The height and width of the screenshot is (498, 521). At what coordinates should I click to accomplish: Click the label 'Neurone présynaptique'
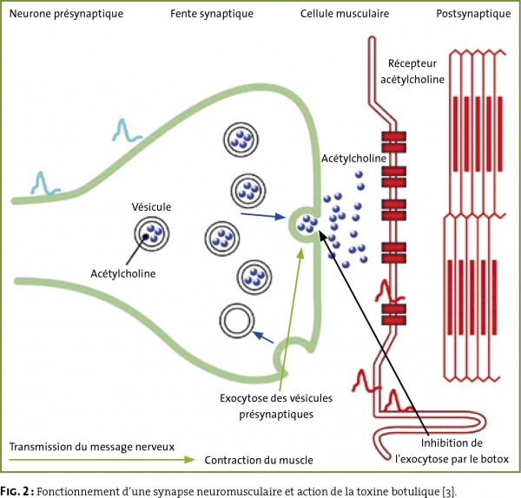point(66,14)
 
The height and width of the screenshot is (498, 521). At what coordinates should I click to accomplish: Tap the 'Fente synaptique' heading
point(212,14)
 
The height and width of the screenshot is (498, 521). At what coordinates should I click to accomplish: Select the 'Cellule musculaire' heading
point(345,14)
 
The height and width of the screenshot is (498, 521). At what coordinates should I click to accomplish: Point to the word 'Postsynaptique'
point(473,14)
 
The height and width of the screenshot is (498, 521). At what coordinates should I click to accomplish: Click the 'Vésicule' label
point(151,206)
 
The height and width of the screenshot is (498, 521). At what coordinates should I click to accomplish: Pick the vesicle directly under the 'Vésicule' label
point(152,233)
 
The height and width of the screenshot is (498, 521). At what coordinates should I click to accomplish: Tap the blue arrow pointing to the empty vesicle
point(263,337)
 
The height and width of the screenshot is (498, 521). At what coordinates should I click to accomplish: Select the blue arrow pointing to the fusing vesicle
point(263,215)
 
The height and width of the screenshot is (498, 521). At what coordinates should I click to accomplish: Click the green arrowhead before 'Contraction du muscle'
point(189,460)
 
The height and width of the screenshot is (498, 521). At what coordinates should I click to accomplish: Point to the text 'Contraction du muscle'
point(259,460)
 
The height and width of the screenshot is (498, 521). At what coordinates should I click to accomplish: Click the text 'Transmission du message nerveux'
point(92,447)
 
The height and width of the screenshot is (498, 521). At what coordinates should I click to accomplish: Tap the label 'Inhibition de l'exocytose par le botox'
point(452,451)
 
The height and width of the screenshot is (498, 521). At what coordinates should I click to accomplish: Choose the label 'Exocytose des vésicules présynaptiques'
point(276,406)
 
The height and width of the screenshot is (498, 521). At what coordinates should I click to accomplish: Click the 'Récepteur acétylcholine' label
point(412,71)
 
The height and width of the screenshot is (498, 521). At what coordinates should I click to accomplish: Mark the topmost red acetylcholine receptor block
point(393,141)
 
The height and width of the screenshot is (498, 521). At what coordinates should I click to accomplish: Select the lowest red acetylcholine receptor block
point(393,314)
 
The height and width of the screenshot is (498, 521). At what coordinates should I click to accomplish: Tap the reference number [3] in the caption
point(448,491)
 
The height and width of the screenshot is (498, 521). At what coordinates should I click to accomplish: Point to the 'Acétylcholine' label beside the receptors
point(353,159)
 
